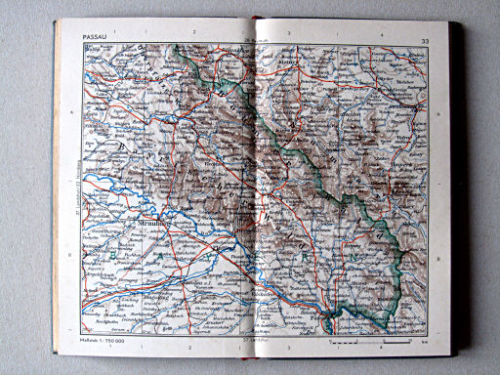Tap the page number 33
[424, 39]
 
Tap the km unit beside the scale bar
[411, 344]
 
